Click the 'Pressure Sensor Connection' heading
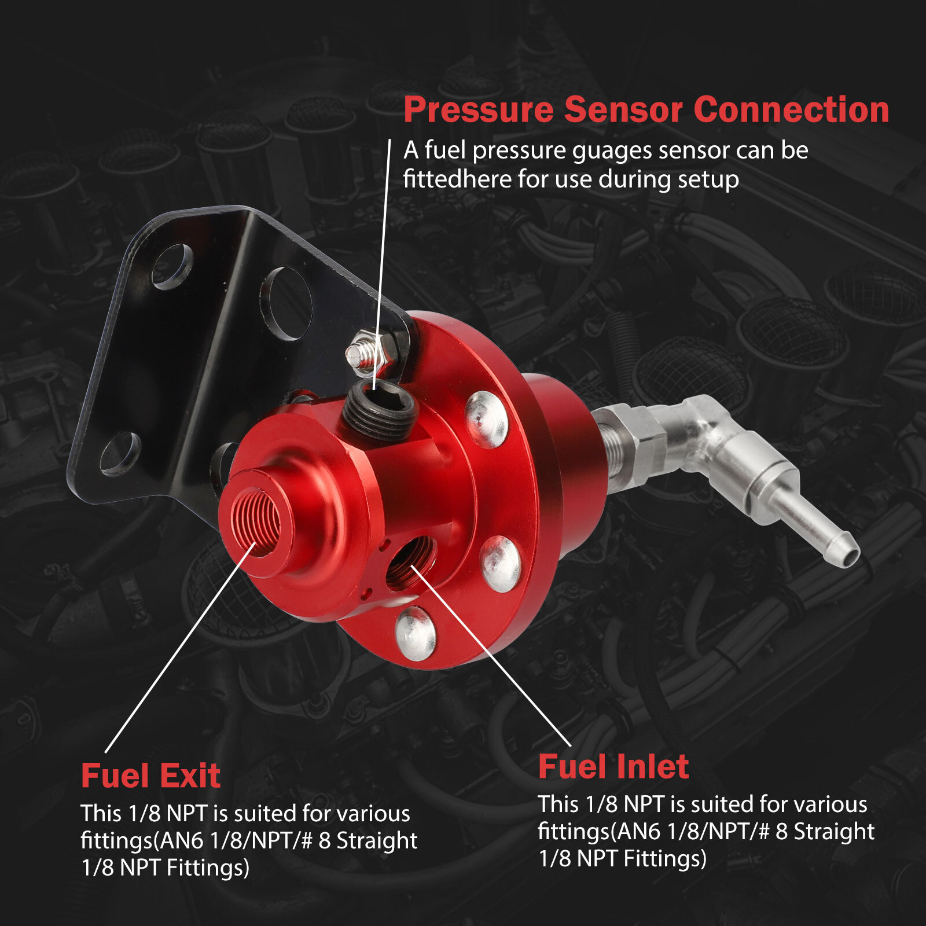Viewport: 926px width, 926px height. point(646,109)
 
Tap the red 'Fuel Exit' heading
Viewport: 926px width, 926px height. point(150,776)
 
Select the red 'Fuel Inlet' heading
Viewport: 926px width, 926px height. point(613,767)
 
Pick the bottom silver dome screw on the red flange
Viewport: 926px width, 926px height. point(415,634)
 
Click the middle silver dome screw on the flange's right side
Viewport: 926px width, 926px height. point(501,563)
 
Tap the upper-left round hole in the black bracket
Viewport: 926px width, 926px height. point(172,266)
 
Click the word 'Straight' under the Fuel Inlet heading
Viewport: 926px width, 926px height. point(833,831)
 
